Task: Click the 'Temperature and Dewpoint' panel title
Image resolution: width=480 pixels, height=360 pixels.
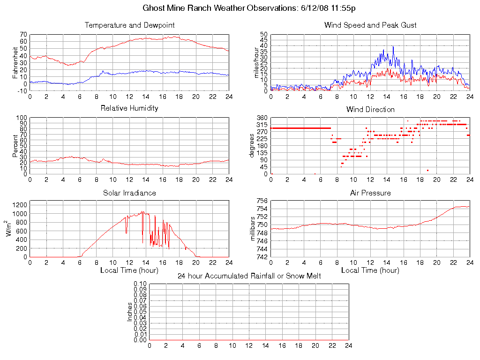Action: (x=130, y=25)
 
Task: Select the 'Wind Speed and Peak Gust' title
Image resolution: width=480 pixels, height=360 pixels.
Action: (x=370, y=25)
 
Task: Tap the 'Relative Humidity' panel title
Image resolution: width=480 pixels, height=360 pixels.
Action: (x=129, y=108)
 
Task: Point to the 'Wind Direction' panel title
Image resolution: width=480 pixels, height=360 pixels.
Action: (x=370, y=109)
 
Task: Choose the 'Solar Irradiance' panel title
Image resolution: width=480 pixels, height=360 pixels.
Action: (x=129, y=193)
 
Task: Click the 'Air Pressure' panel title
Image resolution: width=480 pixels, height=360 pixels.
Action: (x=370, y=193)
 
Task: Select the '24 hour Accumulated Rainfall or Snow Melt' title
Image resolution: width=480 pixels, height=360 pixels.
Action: (x=249, y=276)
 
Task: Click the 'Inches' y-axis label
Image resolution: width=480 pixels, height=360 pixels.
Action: (x=130, y=312)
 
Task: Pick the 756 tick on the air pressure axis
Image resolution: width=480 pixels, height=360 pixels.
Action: (x=262, y=201)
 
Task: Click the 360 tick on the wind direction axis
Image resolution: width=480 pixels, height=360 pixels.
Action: (x=262, y=118)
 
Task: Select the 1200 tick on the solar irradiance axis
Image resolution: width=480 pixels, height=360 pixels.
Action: (x=19, y=204)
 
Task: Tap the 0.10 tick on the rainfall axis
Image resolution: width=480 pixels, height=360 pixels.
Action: (x=141, y=284)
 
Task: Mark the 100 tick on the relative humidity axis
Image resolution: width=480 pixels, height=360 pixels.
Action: (x=22, y=118)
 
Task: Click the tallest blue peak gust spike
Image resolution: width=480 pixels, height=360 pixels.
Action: (x=393, y=46)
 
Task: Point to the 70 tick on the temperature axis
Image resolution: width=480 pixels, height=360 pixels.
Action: (x=23, y=34)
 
